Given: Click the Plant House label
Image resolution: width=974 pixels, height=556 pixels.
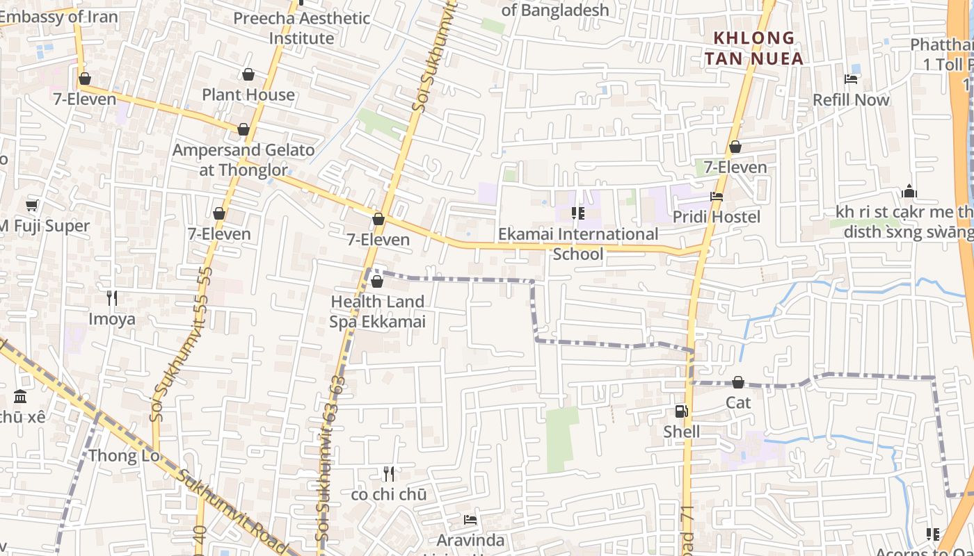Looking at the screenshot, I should [x=248, y=95].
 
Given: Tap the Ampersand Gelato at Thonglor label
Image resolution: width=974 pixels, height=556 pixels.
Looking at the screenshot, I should [x=243, y=160].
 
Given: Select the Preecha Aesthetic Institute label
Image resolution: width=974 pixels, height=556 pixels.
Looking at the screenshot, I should [x=301, y=28].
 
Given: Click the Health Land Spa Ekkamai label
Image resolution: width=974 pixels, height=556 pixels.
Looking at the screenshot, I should [x=377, y=311].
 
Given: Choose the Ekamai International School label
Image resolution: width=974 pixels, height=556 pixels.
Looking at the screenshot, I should [x=578, y=244].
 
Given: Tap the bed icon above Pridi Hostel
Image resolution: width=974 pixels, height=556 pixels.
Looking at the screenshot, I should [x=717, y=197].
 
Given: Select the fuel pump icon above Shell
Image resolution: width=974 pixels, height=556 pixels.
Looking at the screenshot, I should [x=681, y=411].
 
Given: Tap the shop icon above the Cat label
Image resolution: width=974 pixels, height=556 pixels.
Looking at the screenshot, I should [x=738, y=382].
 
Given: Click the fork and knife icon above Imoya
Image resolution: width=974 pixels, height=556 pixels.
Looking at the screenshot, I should [x=111, y=298].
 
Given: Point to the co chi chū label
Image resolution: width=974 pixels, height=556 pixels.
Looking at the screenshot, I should [x=388, y=495].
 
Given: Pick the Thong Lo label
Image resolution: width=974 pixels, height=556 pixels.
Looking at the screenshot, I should [x=124, y=456].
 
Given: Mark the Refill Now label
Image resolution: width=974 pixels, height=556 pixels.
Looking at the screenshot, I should [x=851, y=100].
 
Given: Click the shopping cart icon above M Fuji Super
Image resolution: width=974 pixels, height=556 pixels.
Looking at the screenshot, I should [x=31, y=205].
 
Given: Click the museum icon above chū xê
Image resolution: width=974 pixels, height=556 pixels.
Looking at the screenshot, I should [x=20, y=397].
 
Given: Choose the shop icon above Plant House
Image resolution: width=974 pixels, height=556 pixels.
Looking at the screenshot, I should [x=248, y=74].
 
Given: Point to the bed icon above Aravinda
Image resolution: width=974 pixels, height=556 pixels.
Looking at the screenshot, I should [x=470, y=520].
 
